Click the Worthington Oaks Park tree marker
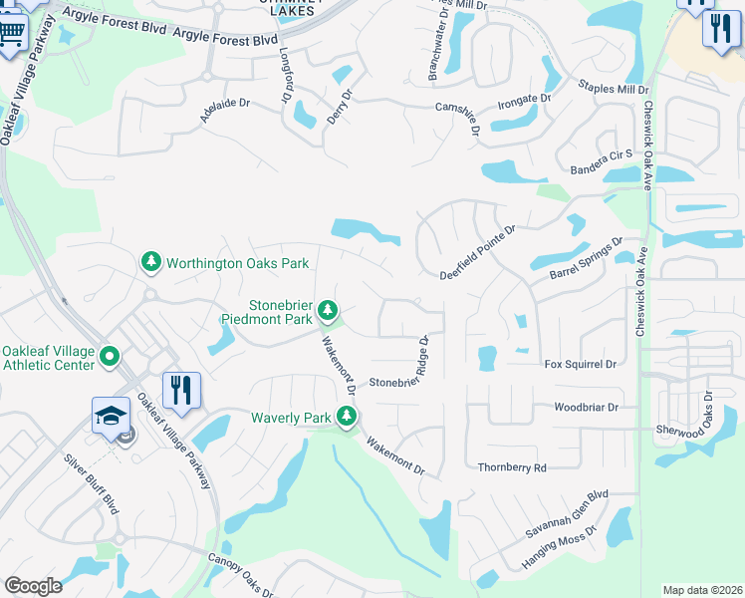point(150,263)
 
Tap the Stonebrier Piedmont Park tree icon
point(328,313)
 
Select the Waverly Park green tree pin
point(347,417)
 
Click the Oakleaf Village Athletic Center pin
point(110,356)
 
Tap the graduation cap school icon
point(111,417)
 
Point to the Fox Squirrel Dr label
point(580,365)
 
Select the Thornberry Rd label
point(512,466)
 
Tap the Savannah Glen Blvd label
point(570,515)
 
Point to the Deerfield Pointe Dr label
point(479,252)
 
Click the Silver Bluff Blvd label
point(91,484)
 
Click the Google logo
point(34,586)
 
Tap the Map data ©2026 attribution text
point(702,590)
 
